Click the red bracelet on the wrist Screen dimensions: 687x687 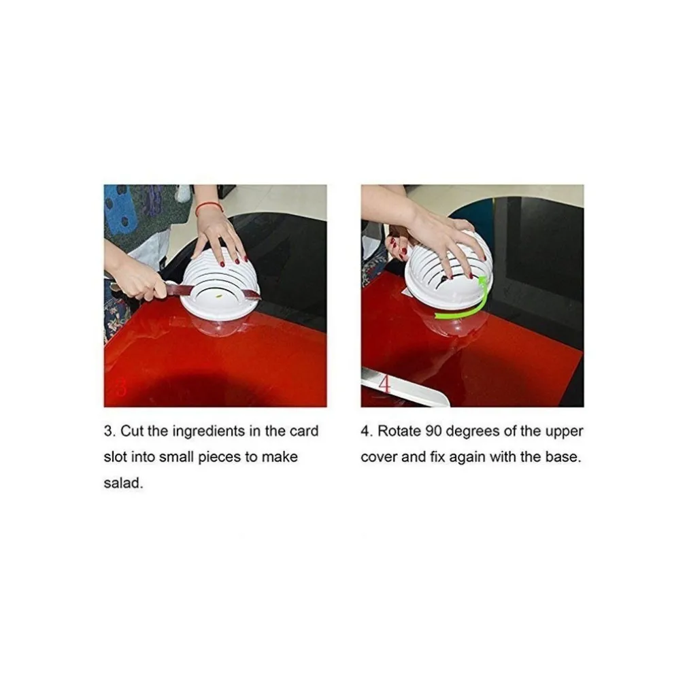(208, 206)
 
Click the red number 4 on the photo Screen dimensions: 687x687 (384, 385)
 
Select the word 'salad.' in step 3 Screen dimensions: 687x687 (123, 483)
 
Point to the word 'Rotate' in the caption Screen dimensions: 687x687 (399, 431)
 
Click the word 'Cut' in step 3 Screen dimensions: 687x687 (132, 431)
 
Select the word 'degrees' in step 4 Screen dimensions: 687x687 (473, 432)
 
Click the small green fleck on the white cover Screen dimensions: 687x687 (219, 297)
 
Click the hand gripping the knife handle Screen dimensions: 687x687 (138, 280)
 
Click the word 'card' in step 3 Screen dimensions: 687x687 (303, 431)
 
